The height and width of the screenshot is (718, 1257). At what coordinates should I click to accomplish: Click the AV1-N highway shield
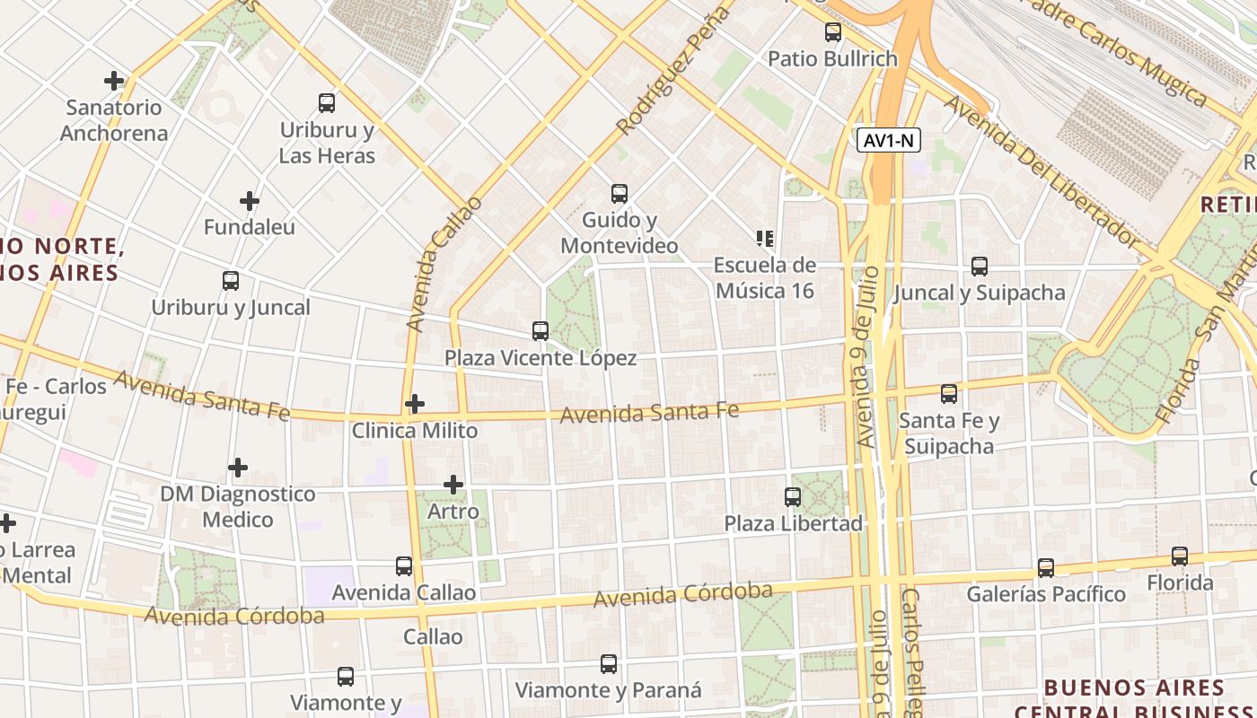[888, 140]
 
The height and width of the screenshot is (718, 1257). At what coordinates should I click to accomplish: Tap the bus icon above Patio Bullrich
[833, 33]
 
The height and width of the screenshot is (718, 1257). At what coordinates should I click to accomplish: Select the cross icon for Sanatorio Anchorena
[114, 81]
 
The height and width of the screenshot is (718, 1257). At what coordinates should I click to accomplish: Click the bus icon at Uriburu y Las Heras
[327, 103]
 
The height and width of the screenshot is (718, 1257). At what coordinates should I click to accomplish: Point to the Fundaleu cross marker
[250, 201]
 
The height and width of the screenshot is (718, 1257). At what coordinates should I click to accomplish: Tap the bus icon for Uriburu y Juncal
[231, 281]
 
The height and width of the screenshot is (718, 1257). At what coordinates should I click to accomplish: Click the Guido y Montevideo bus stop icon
[620, 194]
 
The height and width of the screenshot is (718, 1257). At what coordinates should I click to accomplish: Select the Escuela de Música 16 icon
[765, 239]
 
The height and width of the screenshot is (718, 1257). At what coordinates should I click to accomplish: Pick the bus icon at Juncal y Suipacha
[980, 267]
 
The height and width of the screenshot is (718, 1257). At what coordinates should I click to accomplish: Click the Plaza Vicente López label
[541, 358]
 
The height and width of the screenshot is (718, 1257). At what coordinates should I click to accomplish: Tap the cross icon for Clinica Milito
[414, 404]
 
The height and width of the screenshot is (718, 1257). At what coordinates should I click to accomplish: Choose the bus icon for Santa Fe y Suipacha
[949, 394]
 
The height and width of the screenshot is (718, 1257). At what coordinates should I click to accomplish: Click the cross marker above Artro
[453, 486]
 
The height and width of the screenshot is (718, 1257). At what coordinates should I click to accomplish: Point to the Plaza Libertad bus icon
[793, 497]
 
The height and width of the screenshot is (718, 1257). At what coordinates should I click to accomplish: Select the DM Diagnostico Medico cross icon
[238, 468]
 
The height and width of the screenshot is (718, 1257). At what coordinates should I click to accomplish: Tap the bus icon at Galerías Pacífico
[1046, 568]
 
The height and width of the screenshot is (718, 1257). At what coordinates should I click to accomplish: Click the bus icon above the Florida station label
[1180, 556]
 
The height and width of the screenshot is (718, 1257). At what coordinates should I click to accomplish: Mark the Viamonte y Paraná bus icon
[609, 664]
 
